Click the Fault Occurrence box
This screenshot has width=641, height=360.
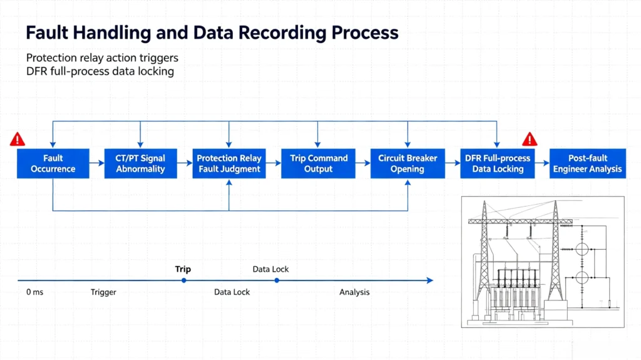pyautogui.click(x=53, y=163)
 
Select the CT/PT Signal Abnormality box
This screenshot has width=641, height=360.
pyautogui.click(x=141, y=163)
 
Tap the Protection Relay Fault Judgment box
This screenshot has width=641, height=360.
pyautogui.click(x=229, y=163)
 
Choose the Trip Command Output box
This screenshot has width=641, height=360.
pyautogui.click(x=318, y=163)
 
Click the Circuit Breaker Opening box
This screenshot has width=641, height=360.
pyautogui.click(x=408, y=163)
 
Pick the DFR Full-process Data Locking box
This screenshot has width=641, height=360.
pyautogui.click(x=498, y=163)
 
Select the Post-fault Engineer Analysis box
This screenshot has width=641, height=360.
pyautogui.click(x=587, y=163)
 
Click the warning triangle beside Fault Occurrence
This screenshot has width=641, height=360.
pyautogui.click(x=18, y=140)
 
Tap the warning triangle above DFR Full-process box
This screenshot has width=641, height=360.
pyautogui.click(x=530, y=140)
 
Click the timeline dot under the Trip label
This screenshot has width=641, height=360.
pyautogui.click(x=184, y=280)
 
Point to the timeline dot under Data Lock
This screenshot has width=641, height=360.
pyautogui.click(x=277, y=280)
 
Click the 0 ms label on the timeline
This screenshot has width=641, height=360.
pyautogui.click(x=35, y=292)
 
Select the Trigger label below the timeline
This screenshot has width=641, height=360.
pyautogui.click(x=103, y=292)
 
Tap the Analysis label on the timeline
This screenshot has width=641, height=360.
pyautogui.click(x=354, y=292)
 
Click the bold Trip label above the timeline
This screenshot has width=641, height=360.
pyautogui.click(x=183, y=269)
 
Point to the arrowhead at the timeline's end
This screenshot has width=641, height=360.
pyautogui.click(x=430, y=280)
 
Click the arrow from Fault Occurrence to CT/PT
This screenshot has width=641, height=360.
pyautogui.click(x=97, y=163)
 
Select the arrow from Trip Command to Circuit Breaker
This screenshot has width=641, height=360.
pyautogui.click(x=363, y=163)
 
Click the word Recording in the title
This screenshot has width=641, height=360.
pyautogui.click(x=282, y=33)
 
